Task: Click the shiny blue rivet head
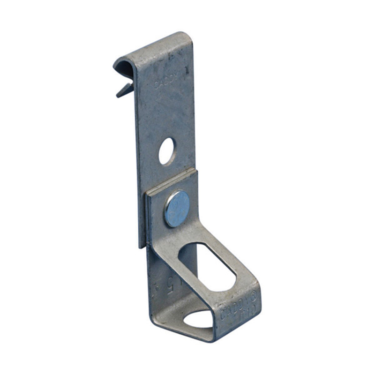click(177, 209)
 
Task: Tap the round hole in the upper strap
click(166, 151)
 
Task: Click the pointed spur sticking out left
click(123, 90)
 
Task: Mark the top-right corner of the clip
click(189, 35)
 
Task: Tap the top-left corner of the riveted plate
click(146, 192)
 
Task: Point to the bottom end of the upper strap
click(141, 246)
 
